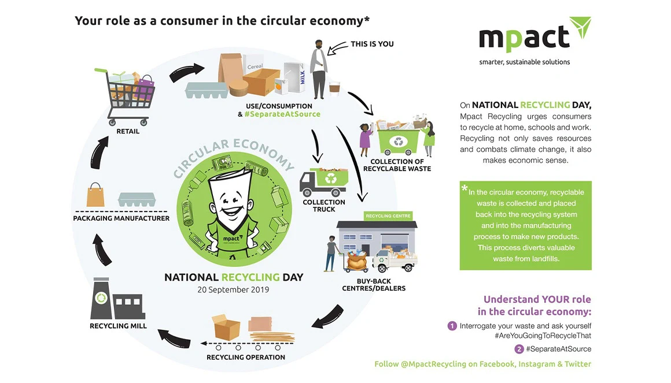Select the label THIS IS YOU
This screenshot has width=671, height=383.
[372, 44]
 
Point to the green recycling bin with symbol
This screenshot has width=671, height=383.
[399, 140]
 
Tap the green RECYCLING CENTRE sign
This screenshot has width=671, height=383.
[388, 216]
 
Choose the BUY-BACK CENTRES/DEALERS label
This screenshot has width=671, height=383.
[374, 284]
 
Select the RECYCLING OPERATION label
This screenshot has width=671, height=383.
[246, 357]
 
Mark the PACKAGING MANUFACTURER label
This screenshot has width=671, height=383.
[121, 218]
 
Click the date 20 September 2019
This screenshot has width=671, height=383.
[234, 289]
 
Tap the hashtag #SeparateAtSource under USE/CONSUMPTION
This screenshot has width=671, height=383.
[282, 114]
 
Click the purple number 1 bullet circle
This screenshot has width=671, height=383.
[452, 326]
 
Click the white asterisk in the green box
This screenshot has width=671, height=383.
[464, 189]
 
